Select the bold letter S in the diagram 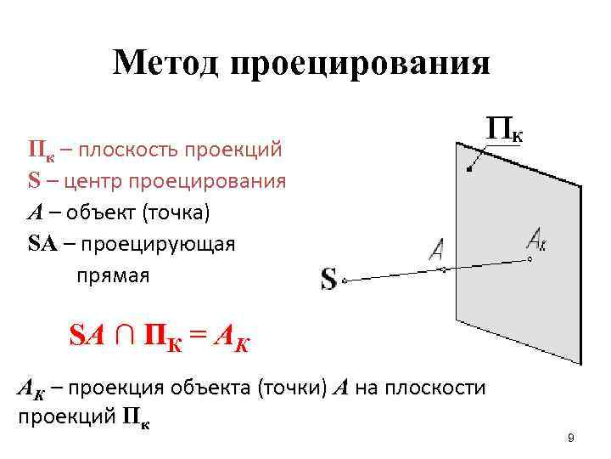[x=328, y=279]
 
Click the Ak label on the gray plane [x=536, y=238]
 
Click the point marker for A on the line [x=441, y=269]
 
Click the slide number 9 [x=570, y=438]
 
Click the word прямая [x=113, y=275]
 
